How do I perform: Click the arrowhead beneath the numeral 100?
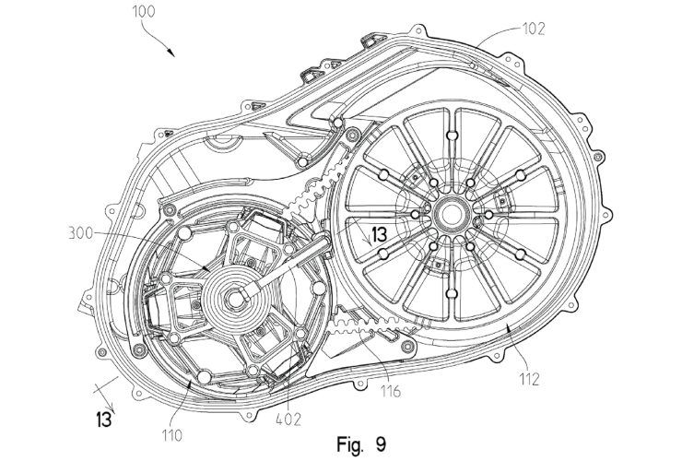point(170,52)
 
